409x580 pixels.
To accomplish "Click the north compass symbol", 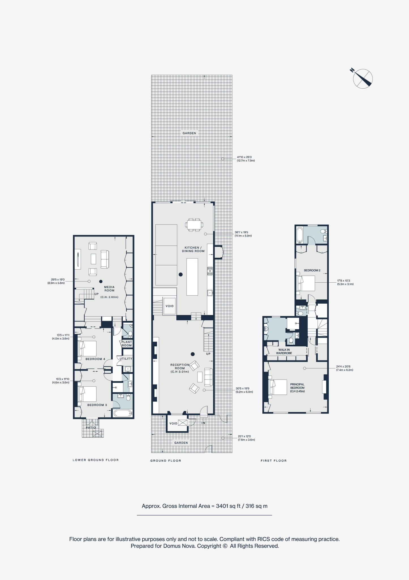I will pos(363,79).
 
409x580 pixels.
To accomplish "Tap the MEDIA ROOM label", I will pos(109,289).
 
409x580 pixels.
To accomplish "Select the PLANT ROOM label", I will pos(127,344).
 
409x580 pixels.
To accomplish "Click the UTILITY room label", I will pos(126,359).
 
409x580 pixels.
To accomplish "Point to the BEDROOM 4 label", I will pos(95,359).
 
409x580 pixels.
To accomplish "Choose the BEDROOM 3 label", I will pos(97,405).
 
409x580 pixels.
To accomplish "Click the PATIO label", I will pos(91,428).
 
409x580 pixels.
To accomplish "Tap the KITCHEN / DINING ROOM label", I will pos(193,249).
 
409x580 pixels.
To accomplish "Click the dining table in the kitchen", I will pos(194,225).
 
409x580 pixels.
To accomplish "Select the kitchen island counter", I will pos(192,277).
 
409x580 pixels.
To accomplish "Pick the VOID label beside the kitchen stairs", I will pos(170,306).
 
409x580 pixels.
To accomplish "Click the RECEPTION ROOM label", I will pos(180,368).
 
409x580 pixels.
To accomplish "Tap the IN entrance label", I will pos(203,423).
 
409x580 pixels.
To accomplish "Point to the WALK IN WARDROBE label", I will pos(284,351).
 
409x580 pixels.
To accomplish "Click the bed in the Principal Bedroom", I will pos(278,387).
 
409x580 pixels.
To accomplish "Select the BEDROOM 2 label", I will pos(312,270).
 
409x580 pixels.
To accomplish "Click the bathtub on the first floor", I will pos(300,235).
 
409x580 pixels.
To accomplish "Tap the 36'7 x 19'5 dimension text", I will pos(241,232).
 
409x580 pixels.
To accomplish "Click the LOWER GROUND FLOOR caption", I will pos(96,460).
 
